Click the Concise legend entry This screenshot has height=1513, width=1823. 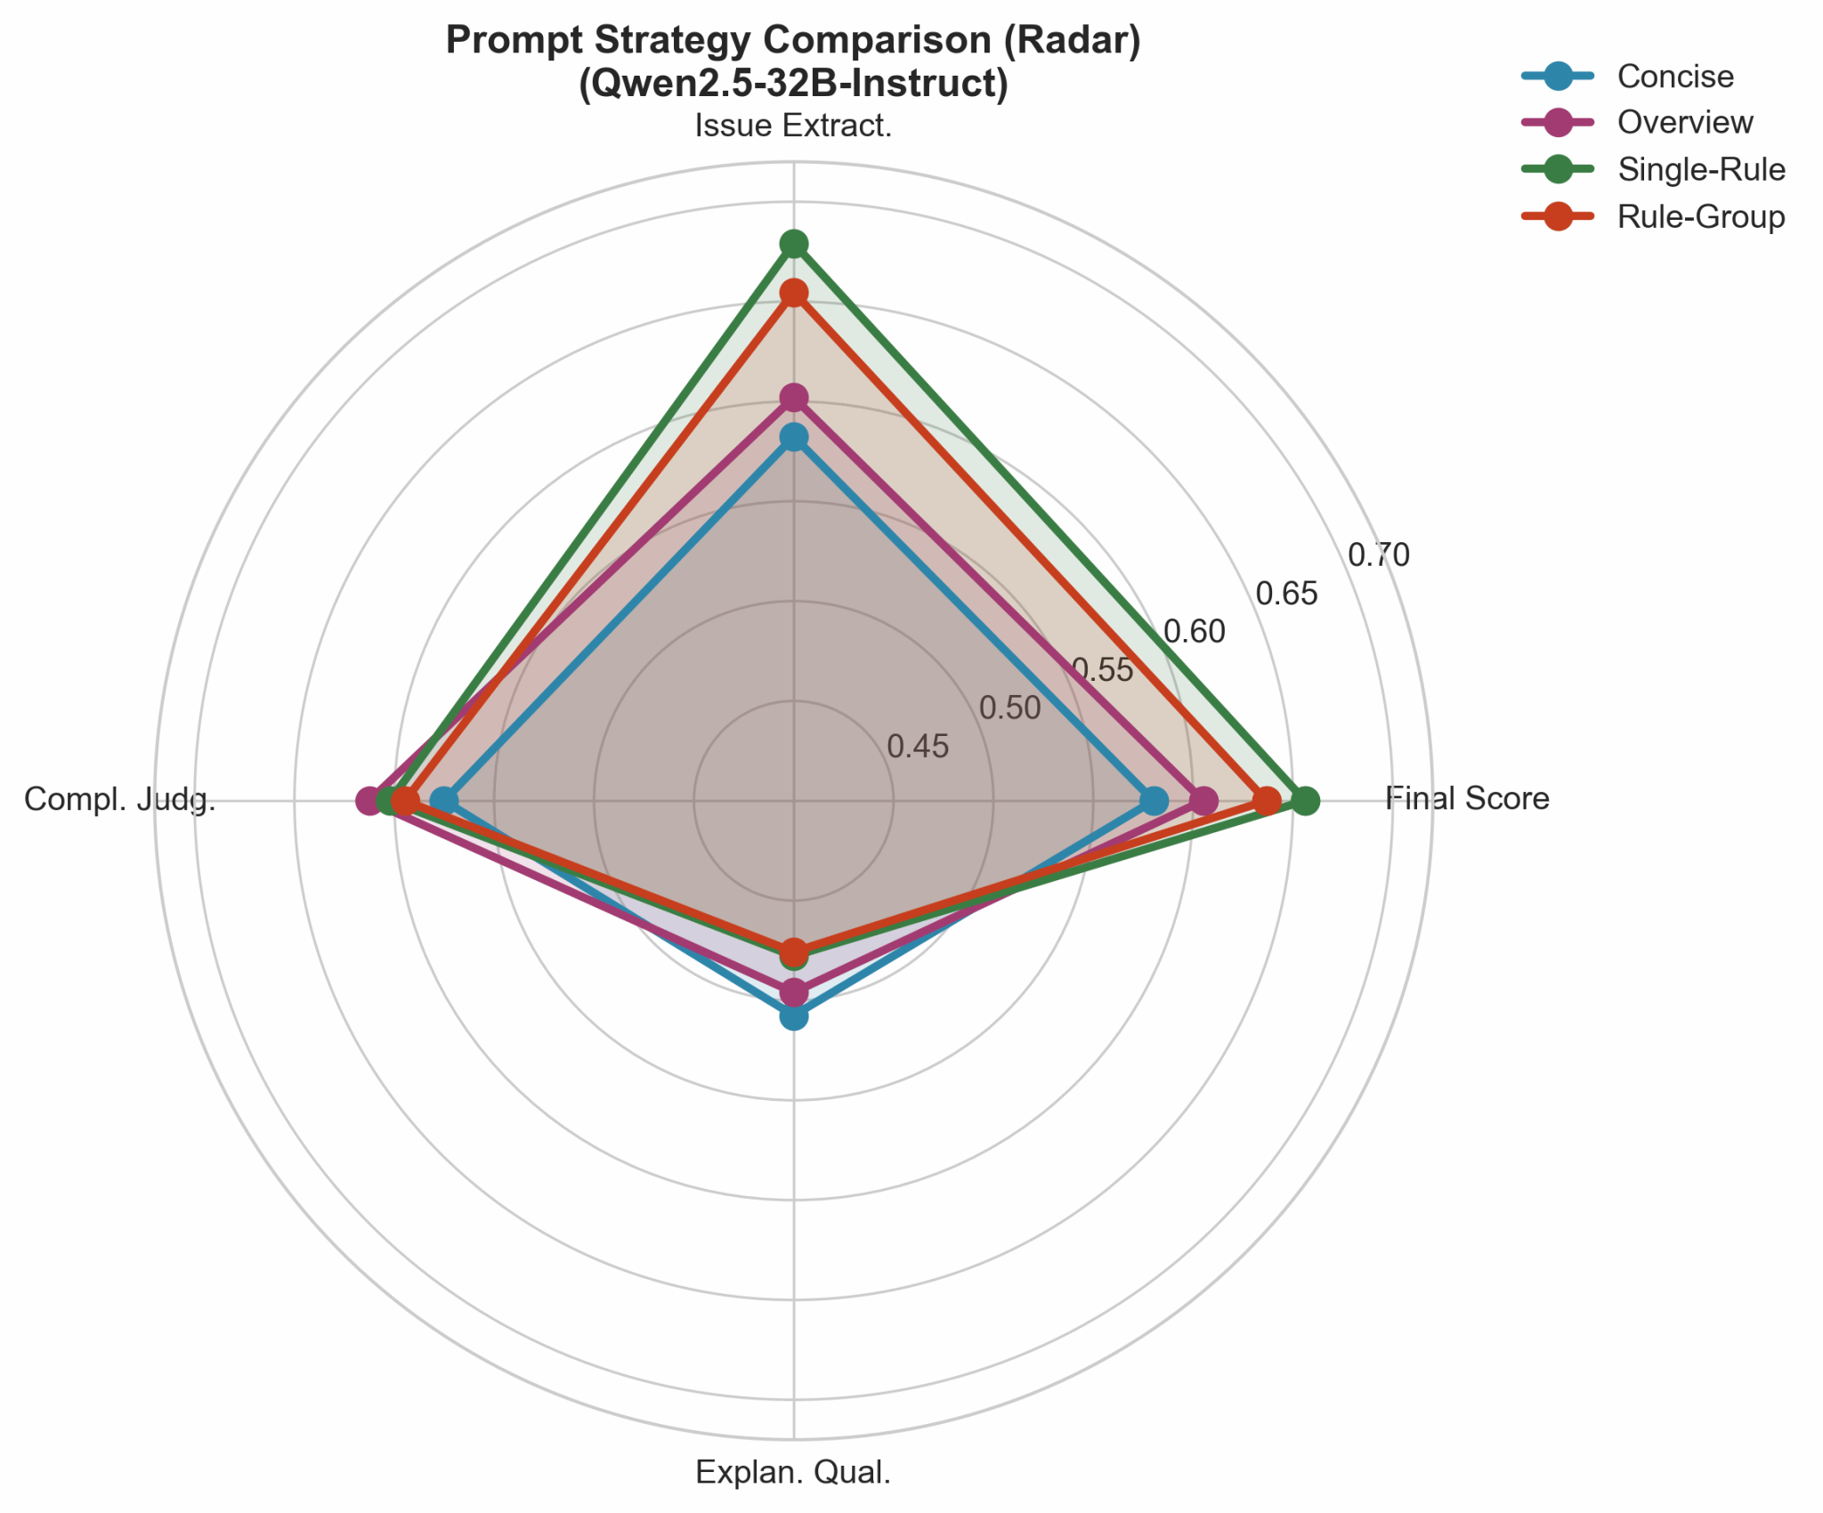(1674, 77)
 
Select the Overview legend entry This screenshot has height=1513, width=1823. (1684, 123)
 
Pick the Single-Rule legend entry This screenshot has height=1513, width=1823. (1700, 169)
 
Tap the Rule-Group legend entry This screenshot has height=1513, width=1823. (1700, 216)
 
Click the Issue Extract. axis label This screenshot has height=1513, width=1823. (793, 126)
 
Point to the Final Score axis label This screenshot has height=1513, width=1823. (1467, 798)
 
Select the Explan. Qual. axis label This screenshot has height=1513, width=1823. (793, 1473)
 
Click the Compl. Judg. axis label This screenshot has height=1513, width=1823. (120, 799)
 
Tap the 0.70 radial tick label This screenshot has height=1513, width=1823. (1378, 555)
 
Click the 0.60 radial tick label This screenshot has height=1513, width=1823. (1195, 632)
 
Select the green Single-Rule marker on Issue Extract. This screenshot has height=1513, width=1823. (793, 243)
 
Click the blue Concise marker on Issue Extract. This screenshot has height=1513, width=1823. (793, 437)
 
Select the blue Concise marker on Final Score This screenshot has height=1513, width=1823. (1154, 801)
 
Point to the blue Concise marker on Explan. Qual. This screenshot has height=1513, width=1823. (793, 1016)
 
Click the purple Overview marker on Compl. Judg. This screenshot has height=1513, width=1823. (369, 801)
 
